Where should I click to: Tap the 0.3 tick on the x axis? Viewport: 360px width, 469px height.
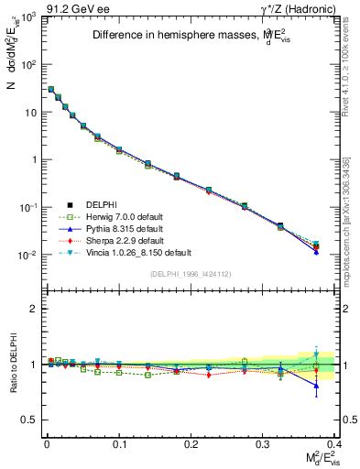[x=263, y=442]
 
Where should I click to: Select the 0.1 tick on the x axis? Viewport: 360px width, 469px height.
[x=119, y=442]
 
